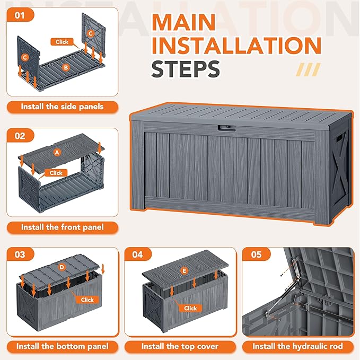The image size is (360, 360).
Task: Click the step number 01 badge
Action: click(x=20, y=15)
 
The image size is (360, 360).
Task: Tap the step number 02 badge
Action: click(x=20, y=136)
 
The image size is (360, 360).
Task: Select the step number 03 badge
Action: click(x=20, y=254)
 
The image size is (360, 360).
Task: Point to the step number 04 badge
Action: click(x=138, y=254)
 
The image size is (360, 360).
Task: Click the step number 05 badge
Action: click(x=256, y=254)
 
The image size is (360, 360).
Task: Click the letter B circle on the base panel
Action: click(x=66, y=67)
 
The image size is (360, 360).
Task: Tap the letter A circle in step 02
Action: click(x=57, y=152)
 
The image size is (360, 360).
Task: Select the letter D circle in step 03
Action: click(x=62, y=267)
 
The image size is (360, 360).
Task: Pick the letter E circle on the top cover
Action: click(x=184, y=271)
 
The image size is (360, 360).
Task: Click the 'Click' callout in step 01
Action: click(x=62, y=42)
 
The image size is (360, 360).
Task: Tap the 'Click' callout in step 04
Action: click(x=190, y=308)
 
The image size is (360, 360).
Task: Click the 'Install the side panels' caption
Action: click(x=63, y=107)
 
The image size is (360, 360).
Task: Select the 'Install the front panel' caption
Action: click(x=63, y=227)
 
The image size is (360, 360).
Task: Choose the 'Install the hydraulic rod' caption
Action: click(x=298, y=346)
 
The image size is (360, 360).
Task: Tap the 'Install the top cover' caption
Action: click(x=180, y=346)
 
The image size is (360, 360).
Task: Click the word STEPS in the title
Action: click(x=186, y=68)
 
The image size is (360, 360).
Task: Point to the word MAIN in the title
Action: click(x=183, y=22)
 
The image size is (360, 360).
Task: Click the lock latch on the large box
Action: click(x=227, y=128)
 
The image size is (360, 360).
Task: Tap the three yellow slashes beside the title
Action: click(x=309, y=69)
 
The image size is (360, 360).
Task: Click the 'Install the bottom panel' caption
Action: click(x=63, y=346)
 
